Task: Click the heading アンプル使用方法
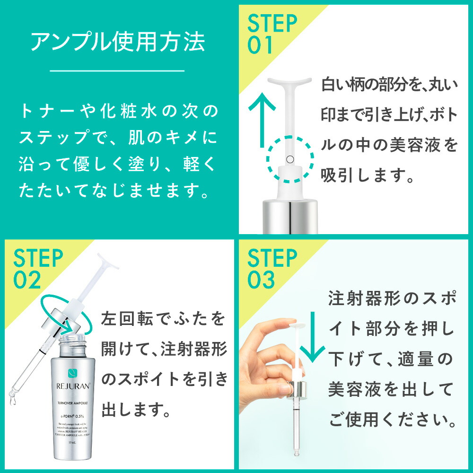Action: [x=118, y=43]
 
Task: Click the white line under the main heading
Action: [x=118, y=71]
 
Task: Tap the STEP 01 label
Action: [x=273, y=34]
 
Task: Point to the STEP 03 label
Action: [x=272, y=270]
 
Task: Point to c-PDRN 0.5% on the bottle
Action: [x=73, y=414]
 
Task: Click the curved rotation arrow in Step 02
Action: [x=61, y=312]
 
